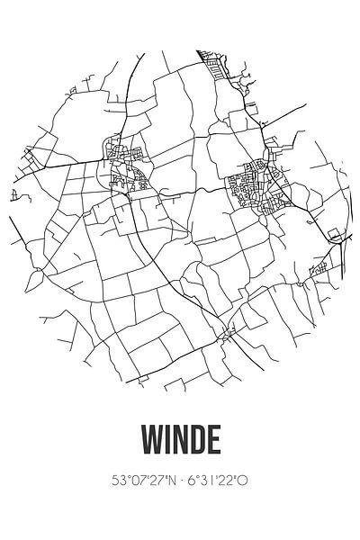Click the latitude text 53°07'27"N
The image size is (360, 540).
(x=143, y=481)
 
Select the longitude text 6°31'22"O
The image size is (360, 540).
(x=217, y=481)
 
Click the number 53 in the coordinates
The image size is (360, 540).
(x=117, y=481)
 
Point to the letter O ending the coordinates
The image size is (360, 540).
(x=242, y=481)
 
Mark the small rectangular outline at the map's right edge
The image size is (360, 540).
(x=334, y=235)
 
